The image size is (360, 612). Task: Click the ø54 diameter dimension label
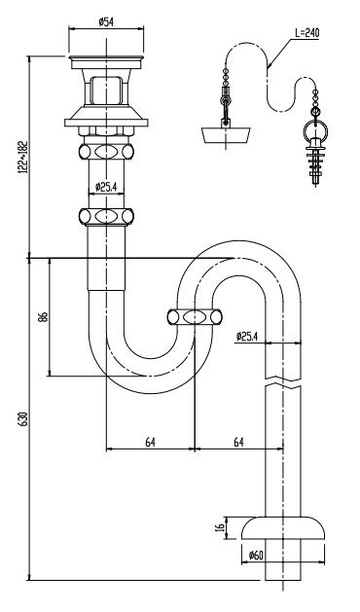(106, 21)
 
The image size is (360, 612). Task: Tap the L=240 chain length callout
(306, 33)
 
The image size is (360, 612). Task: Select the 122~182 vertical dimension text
(23, 157)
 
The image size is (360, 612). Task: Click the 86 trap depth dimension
(44, 316)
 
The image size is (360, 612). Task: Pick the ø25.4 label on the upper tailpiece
(106, 187)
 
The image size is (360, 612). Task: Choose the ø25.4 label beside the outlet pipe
(247, 336)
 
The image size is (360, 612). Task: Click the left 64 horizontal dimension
(151, 443)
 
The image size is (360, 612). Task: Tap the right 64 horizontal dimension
(238, 443)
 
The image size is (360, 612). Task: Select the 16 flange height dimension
(220, 527)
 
